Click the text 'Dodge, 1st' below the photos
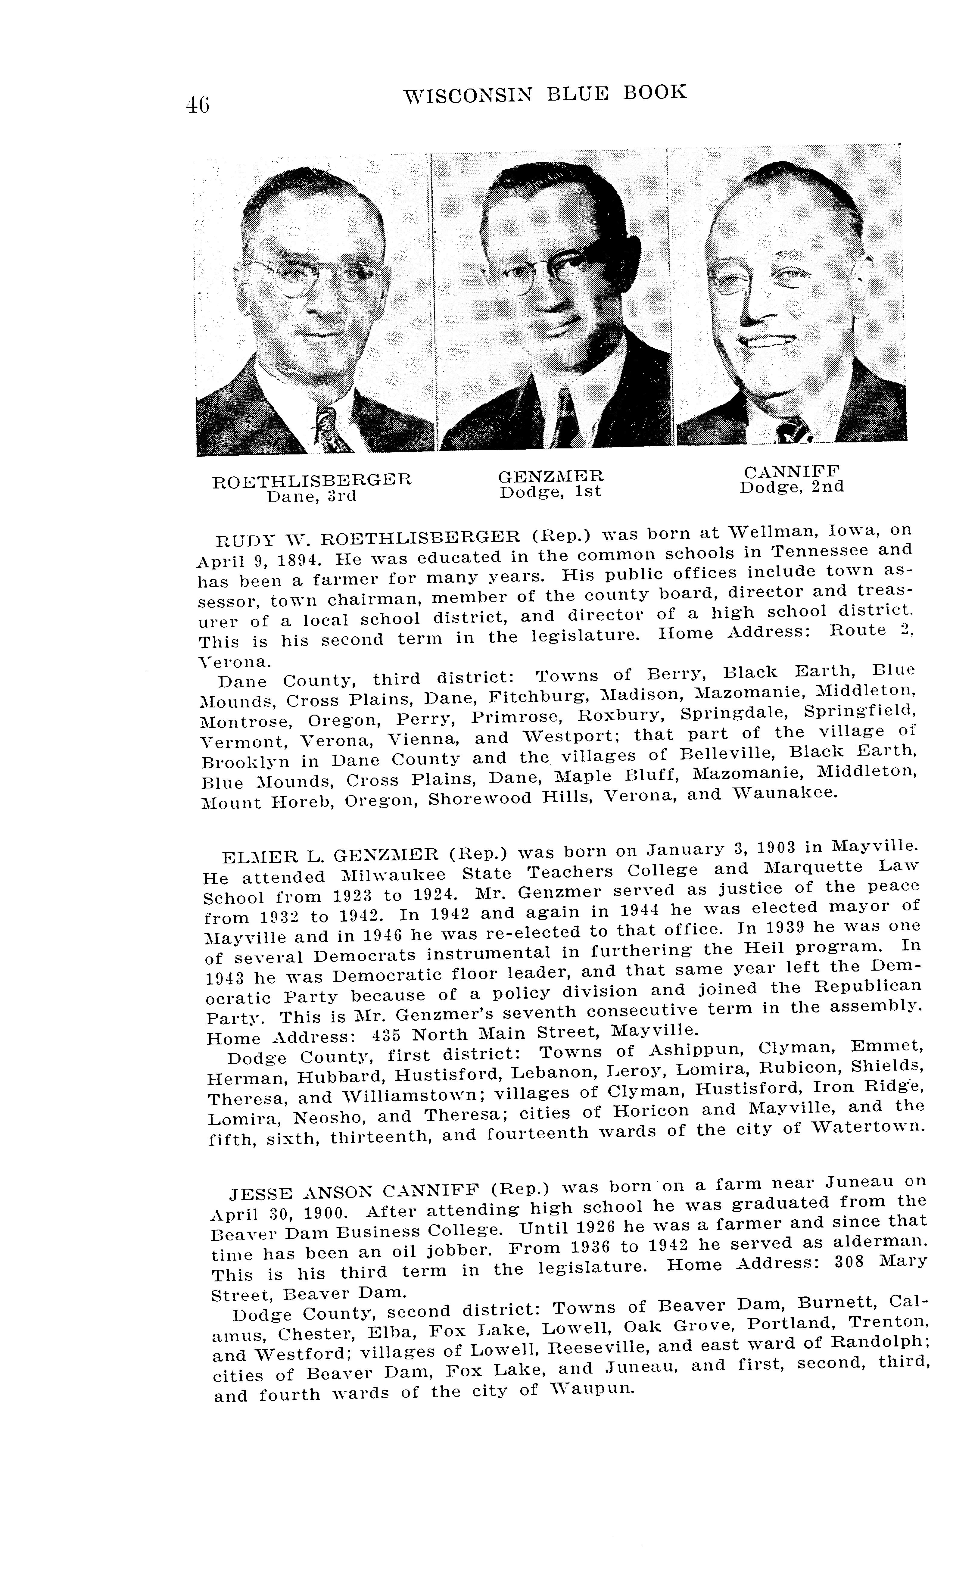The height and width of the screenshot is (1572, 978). tap(550, 492)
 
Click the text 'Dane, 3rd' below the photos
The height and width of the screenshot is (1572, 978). tap(312, 496)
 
